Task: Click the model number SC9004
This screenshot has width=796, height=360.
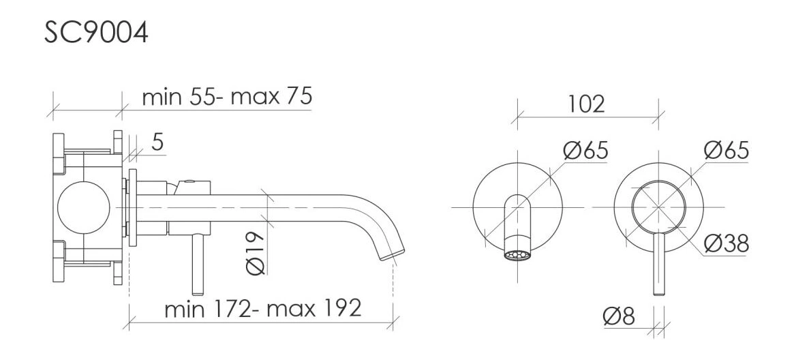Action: coord(96,33)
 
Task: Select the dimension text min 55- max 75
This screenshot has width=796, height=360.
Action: coord(227,96)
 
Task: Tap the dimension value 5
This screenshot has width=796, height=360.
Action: coord(157,142)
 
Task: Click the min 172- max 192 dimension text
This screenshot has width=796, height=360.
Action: coord(263,308)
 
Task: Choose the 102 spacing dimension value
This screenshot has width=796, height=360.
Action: coord(586,104)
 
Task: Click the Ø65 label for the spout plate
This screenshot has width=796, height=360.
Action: coord(585,151)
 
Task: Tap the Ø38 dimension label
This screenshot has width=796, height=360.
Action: coord(726,243)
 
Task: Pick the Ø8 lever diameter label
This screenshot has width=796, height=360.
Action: coord(619,317)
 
